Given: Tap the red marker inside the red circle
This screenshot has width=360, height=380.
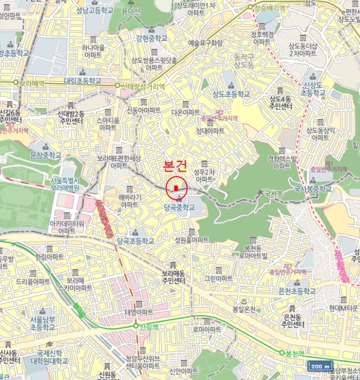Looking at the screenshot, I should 176,188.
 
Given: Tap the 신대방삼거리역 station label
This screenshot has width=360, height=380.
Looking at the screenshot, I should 142,86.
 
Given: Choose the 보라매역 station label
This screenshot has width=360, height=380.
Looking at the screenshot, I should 31,83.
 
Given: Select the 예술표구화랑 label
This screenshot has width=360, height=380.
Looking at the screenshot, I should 205,42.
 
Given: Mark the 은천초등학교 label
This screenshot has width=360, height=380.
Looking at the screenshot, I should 296,291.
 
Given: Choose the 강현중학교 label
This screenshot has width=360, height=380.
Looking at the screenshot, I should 151,39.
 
